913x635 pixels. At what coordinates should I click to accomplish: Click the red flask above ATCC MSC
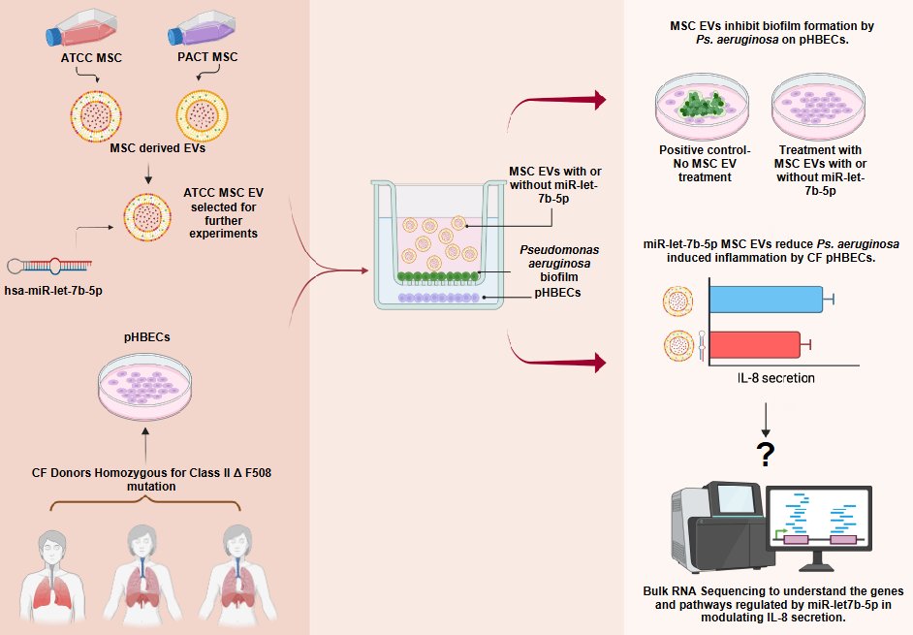[x=84, y=29]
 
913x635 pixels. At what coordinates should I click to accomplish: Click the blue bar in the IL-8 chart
[x=766, y=299]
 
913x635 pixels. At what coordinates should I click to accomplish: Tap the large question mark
[x=767, y=454]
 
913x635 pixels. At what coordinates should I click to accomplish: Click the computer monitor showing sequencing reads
[x=819, y=524]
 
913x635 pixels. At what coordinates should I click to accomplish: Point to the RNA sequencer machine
[x=713, y=533]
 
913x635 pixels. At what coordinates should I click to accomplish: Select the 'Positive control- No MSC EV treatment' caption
[x=705, y=164]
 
